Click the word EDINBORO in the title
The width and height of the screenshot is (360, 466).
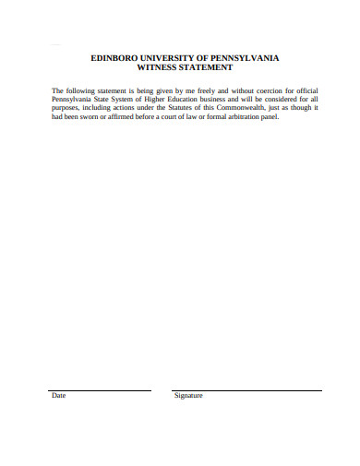(114, 58)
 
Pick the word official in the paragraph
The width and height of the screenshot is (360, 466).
(302, 90)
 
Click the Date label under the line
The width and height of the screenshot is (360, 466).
(59, 396)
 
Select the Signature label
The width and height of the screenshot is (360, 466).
(188, 396)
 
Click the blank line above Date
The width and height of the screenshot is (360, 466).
(100, 389)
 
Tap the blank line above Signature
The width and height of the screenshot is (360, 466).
(246, 389)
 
